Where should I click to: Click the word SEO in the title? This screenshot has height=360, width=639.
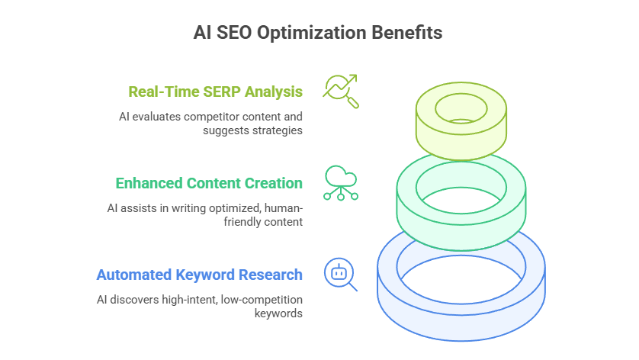coord(234,33)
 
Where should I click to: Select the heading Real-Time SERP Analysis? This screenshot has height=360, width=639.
coord(216,92)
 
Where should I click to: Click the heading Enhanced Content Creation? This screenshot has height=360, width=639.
coord(209,184)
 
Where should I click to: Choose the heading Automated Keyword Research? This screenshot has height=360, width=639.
coord(199,275)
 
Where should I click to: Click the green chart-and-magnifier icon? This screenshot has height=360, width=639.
coord(341,91)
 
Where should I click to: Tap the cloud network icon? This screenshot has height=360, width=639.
coord(341,183)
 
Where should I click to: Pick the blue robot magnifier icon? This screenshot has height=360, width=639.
coord(341,275)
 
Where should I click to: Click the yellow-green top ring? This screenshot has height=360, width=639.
coord(461,139)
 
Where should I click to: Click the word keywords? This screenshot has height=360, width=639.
coord(279,313)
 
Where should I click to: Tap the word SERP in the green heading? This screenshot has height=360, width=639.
coord(222,92)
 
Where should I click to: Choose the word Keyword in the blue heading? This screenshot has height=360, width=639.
coord(205,275)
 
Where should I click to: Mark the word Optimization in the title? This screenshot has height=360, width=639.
coord(311,33)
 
